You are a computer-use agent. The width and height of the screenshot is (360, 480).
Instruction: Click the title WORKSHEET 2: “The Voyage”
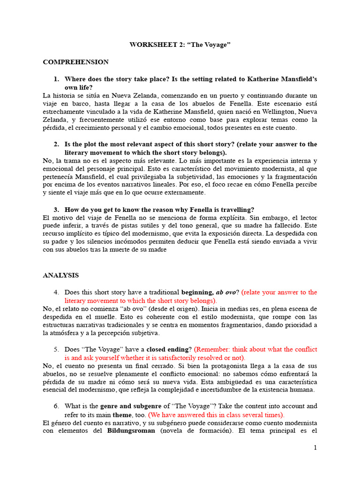[180, 45]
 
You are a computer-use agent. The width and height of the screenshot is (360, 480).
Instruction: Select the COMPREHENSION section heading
[75, 62]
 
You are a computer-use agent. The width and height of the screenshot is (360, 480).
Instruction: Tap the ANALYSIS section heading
[61, 275]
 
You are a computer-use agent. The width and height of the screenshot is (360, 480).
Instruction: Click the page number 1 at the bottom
[315, 448]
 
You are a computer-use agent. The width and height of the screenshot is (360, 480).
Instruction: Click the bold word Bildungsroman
[131, 431]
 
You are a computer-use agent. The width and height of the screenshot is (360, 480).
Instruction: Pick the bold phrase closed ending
[169, 349]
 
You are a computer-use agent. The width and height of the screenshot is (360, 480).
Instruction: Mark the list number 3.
[56, 210]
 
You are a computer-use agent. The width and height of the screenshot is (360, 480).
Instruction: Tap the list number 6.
[56, 406]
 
